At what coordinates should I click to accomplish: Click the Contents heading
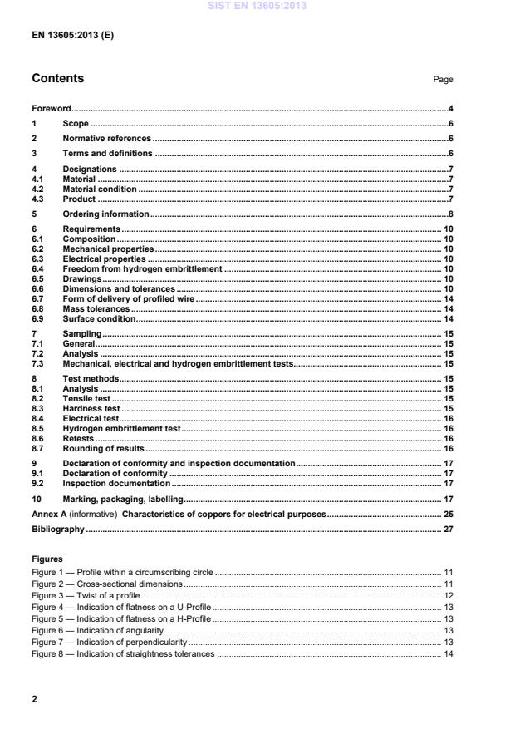(x=57, y=79)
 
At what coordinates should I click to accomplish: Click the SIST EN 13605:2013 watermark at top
(x=257, y=5)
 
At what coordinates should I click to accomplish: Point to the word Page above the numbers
(x=443, y=80)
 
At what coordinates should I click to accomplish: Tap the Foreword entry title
(x=51, y=108)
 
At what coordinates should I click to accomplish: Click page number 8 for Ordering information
(x=449, y=214)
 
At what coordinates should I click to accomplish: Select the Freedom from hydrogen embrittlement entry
(x=142, y=268)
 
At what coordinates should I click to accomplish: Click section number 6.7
(x=37, y=298)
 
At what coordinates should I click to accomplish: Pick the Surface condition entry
(x=98, y=318)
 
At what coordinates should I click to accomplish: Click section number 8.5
(x=37, y=428)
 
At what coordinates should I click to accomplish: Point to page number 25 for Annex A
(x=447, y=515)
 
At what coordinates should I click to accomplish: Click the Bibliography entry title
(x=57, y=529)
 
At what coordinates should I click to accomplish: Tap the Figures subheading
(x=47, y=559)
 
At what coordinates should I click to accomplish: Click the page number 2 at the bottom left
(x=34, y=699)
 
